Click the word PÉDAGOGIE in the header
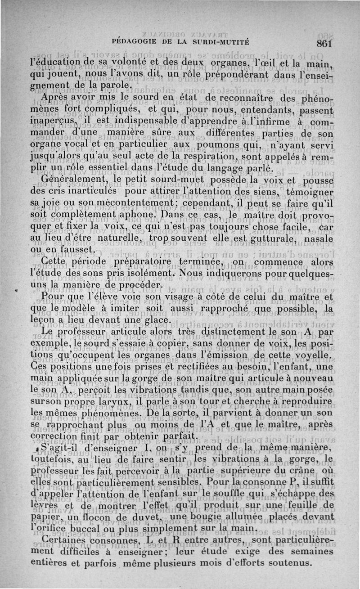tap(138, 39)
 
